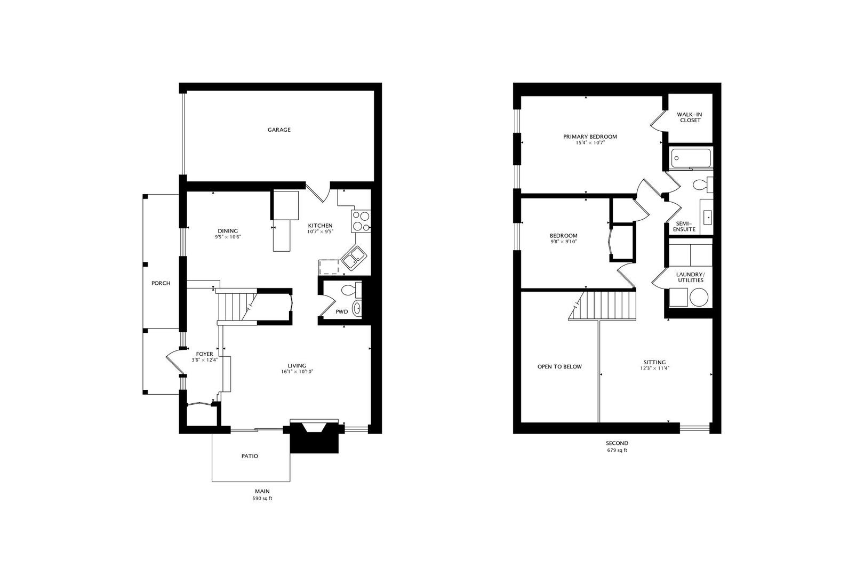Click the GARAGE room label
coord(279,130)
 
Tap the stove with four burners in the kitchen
coord(361,221)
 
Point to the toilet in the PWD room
coord(351,290)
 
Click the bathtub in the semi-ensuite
coord(691,158)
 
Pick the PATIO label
coord(250,456)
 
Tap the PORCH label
coord(161,283)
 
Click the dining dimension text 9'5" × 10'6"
coord(228,237)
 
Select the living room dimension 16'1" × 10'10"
coord(297,372)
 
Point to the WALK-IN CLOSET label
coord(690,117)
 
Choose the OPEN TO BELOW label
coord(559,366)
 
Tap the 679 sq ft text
coord(617,450)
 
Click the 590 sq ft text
coord(262,499)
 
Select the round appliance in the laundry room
coord(699,298)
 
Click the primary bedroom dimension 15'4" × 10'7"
coord(590,142)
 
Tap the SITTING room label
coord(654,362)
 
